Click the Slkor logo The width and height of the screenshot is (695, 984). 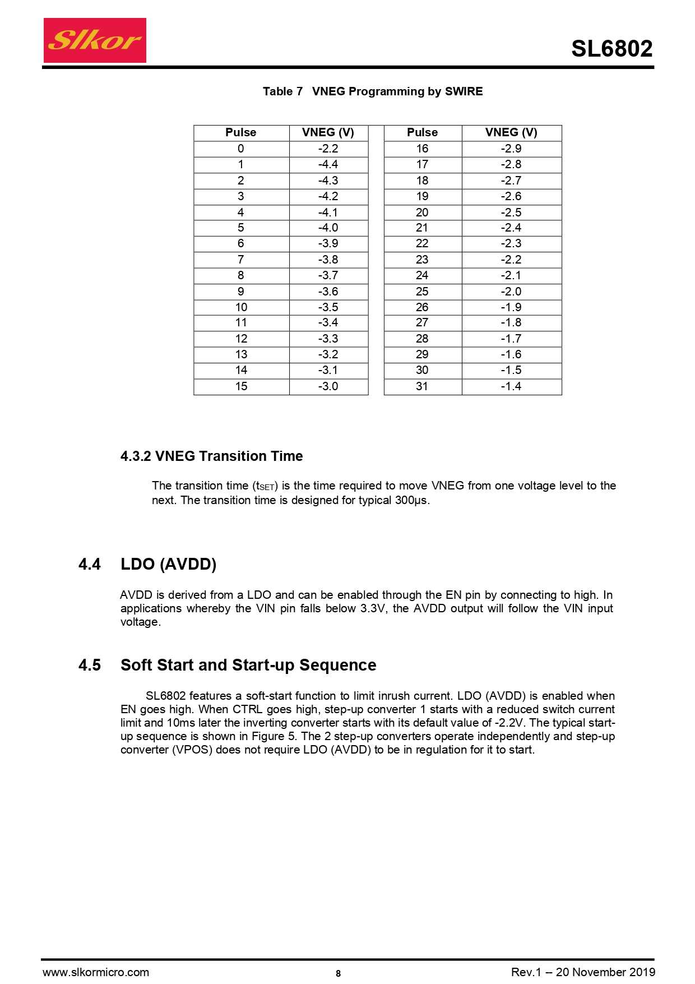[x=95, y=40]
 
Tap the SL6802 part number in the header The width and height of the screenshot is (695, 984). [x=611, y=49]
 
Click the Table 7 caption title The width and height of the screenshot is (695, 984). [x=372, y=91]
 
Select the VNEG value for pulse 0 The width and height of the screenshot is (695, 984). [x=328, y=149]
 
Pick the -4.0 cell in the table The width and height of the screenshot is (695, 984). [x=328, y=228]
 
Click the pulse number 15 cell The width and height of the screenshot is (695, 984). [x=241, y=386]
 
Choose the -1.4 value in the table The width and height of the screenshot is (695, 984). [x=511, y=386]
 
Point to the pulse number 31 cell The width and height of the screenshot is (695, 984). [x=422, y=386]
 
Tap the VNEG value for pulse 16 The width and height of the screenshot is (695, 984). [x=511, y=149]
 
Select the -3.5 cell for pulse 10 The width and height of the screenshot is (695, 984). [x=328, y=307]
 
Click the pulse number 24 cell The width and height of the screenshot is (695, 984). [x=422, y=275]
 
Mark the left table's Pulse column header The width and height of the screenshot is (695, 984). [x=241, y=132]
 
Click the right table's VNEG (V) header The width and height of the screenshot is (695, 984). [x=511, y=132]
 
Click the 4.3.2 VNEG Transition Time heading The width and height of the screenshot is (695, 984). [x=211, y=456]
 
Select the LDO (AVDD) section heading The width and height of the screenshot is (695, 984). [x=168, y=564]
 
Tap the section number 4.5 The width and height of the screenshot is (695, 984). [x=90, y=665]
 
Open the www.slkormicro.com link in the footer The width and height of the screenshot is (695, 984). [x=96, y=972]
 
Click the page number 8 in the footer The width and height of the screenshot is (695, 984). [x=338, y=973]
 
